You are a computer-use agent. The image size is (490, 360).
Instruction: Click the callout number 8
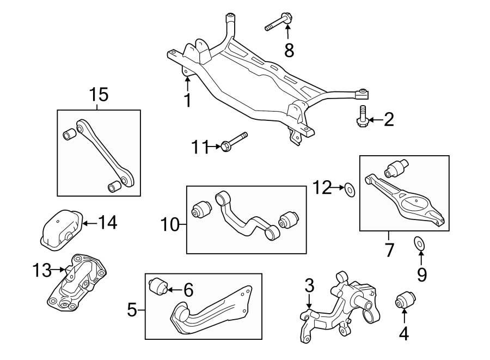pyautogui.click(x=289, y=51)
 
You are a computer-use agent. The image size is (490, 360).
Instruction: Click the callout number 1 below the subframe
pyautogui.click(x=187, y=100)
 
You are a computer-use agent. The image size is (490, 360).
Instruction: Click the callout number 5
pyautogui.click(x=132, y=310)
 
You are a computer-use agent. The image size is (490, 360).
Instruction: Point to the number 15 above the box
pyautogui.click(x=99, y=95)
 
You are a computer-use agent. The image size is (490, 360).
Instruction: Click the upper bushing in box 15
pyautogui.click(x=70, y=133)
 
